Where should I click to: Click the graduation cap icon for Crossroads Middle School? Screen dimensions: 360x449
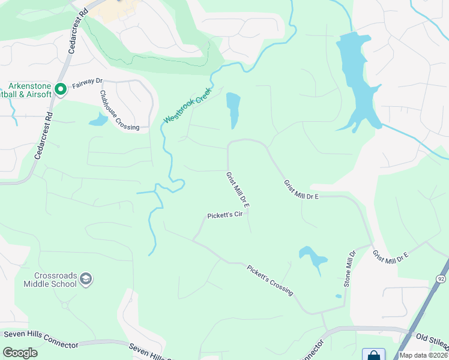pyautogui.click(x=86, y=278)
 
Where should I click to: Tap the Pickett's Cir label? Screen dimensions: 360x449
pyautogui.click(x=224, y=215)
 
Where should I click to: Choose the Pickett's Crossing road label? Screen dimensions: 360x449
pyautogui.click(x=270, y=280)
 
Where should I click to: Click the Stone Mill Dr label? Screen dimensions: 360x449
pyautogui.click(x=351, y=268)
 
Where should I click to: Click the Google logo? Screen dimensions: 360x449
pyautogui.click(x=20, y=353)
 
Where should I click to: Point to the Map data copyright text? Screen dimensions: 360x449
pyautogui.click(x=424, y=355)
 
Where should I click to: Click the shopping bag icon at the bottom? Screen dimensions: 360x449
pyautogui.click(x=373, y=355)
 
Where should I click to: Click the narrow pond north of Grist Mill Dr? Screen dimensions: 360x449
pyautogui.click(x=233, y=109)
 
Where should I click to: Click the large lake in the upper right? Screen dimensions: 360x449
pyautogui.click(x=357, y=81)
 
